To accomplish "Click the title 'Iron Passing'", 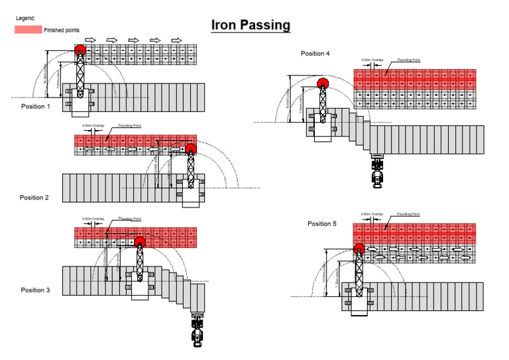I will (x=251, y=25).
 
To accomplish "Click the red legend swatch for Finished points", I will (x=28, y=30).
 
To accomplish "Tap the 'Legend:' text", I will (x=26, y=18).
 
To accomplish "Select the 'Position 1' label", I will (x=34, y=107).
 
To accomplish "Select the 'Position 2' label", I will (x=34, y=198).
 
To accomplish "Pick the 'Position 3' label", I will (x=36, y=290).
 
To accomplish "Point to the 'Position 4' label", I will (x=315, y=53).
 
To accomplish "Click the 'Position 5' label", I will (x=322, y=224).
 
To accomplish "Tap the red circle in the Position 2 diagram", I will (x=191, y=148).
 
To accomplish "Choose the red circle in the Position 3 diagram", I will (x=140, y=241).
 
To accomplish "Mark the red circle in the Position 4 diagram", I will (x=323, y=84).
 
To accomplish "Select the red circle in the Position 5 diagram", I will (x=359, y=249).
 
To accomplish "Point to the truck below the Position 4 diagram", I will (x=378, y=170).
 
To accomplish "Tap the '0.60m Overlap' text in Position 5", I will (x=372, y=214).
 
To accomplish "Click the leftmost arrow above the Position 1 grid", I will (x=91, y=40).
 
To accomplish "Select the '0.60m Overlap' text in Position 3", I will (x=93, y=219).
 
